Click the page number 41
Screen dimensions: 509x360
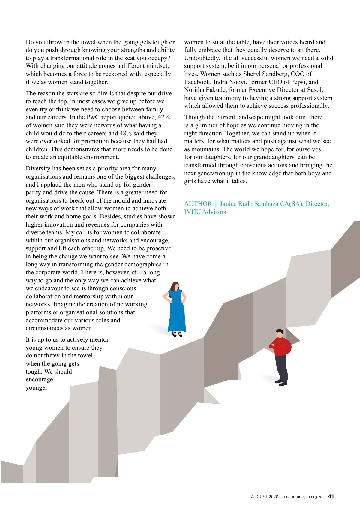331,496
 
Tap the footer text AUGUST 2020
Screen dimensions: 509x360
265,497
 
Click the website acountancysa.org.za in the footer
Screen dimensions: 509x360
303,497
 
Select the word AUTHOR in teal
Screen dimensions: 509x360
198,204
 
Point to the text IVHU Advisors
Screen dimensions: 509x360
205,212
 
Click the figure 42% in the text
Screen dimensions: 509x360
164,117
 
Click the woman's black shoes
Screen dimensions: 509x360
177,334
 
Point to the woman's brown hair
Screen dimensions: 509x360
173,286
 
